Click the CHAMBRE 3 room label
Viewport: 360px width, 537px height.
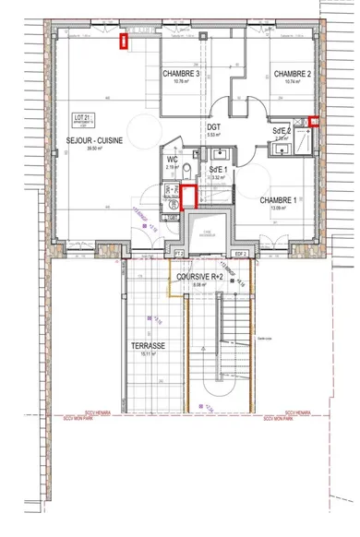181,73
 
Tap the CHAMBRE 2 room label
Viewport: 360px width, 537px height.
291,73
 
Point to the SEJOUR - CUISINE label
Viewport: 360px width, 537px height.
94,140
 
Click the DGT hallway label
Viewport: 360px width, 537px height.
213,126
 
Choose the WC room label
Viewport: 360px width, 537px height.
173,160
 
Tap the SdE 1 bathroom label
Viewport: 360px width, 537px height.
218,172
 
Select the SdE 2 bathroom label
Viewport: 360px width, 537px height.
282,132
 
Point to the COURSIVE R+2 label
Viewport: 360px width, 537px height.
195,276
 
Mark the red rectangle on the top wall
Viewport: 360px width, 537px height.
124,39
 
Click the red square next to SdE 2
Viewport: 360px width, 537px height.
315,121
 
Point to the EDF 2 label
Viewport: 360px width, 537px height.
241,252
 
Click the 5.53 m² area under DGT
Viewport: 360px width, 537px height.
213,135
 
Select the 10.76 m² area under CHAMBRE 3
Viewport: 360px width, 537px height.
181,81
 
